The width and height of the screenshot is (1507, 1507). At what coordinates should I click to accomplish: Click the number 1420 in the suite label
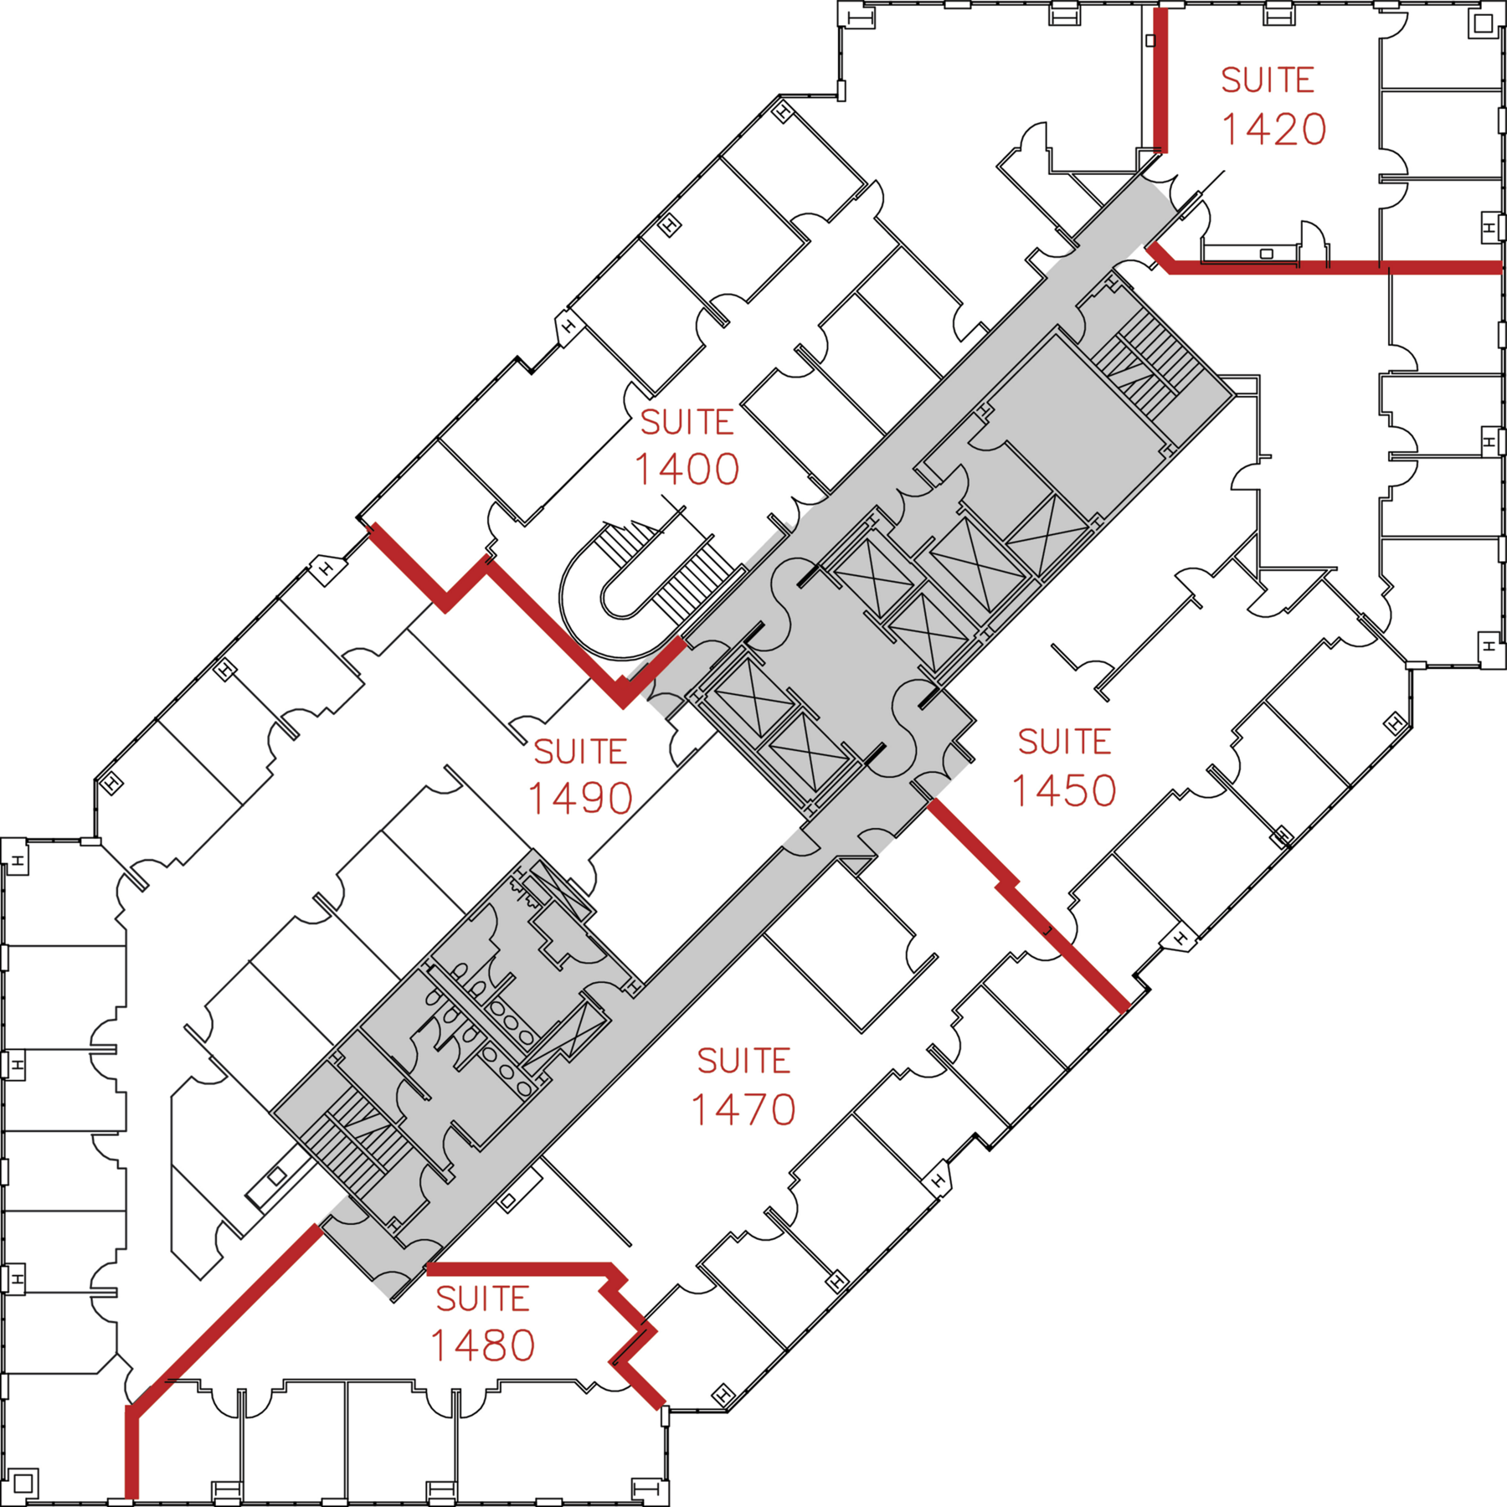pos(1273,130)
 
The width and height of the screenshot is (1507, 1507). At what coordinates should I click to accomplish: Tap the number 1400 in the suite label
pos(687,470)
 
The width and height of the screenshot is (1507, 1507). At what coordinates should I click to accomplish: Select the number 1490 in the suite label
pos(580,799)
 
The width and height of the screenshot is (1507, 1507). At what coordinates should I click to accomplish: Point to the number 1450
pos(1064,791)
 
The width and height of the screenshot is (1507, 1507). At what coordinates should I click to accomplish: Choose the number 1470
pos(743,1110)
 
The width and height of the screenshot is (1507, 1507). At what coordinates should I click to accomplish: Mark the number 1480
pos(482,1346)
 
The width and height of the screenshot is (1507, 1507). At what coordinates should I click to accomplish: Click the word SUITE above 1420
pos(1268,80)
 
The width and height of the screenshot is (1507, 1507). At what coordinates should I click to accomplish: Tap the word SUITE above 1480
pos(483,1299)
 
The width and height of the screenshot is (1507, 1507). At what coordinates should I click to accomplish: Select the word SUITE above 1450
pos(1065,742)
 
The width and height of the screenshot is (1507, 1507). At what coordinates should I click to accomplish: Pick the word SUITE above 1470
pos(744,1062)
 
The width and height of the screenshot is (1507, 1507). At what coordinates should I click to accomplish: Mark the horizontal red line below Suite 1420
pos(1331,268)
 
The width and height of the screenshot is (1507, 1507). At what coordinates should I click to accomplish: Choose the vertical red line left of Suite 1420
pos(1160,80)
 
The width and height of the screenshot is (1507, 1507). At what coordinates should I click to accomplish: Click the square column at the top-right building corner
pos(1484,23)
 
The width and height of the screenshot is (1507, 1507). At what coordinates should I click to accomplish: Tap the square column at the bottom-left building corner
pos(23,1484)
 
